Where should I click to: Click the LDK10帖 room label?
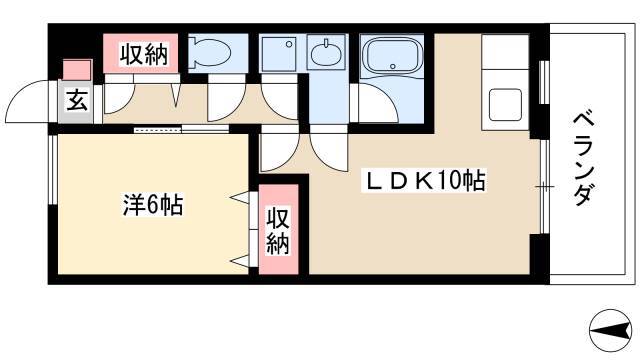(425, 183)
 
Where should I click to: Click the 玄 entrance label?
(76, 100)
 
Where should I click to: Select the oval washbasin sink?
(325, 56)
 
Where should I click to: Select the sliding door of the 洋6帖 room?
(180, 129)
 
